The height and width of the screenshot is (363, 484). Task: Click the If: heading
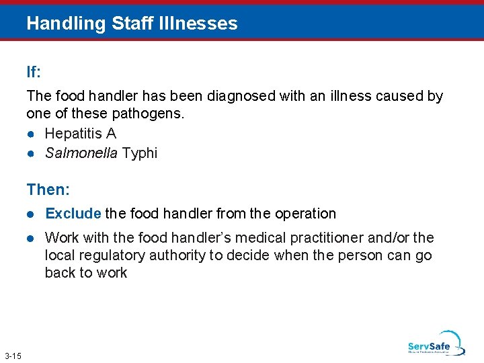coord(34,71)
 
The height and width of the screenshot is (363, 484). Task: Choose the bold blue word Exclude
coord(73,214)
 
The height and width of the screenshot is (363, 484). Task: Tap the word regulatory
coord(106,255)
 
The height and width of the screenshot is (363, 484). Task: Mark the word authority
coord(173,255)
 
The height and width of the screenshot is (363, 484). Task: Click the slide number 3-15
coord(13,355)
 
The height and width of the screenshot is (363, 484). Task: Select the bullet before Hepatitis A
coord(32,134)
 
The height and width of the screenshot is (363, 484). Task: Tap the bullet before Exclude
coord(32,214)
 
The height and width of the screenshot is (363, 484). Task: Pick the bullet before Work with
coord(32,238)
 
